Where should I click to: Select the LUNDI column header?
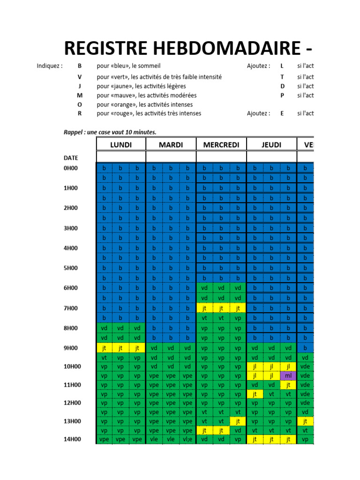(x=121, y=145)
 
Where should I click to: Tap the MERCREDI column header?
(x=221, y=145)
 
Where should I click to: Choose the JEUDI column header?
(x=271, y=145)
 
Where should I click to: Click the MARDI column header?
(x=171, y=145)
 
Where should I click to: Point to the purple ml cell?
(x=288, y=376)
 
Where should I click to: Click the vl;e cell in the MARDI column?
(x=187, y=440)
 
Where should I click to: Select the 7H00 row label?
(x=71, y=308)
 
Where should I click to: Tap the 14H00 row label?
(x=72, y=440)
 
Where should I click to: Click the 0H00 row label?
(x=71, y=168)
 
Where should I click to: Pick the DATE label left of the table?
(x=71, y=158)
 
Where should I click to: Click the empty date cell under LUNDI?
(x=121, y=157)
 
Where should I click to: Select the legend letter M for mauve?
(x=79, y=95)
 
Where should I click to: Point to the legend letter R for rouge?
(x=79, y=113)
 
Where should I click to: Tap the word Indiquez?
(x=50, y=66)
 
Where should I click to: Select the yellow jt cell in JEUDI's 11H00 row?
(x=288, y=385)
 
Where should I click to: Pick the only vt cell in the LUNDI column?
(x=104, y=358)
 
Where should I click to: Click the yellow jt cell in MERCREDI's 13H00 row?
(x=238, y=421)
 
